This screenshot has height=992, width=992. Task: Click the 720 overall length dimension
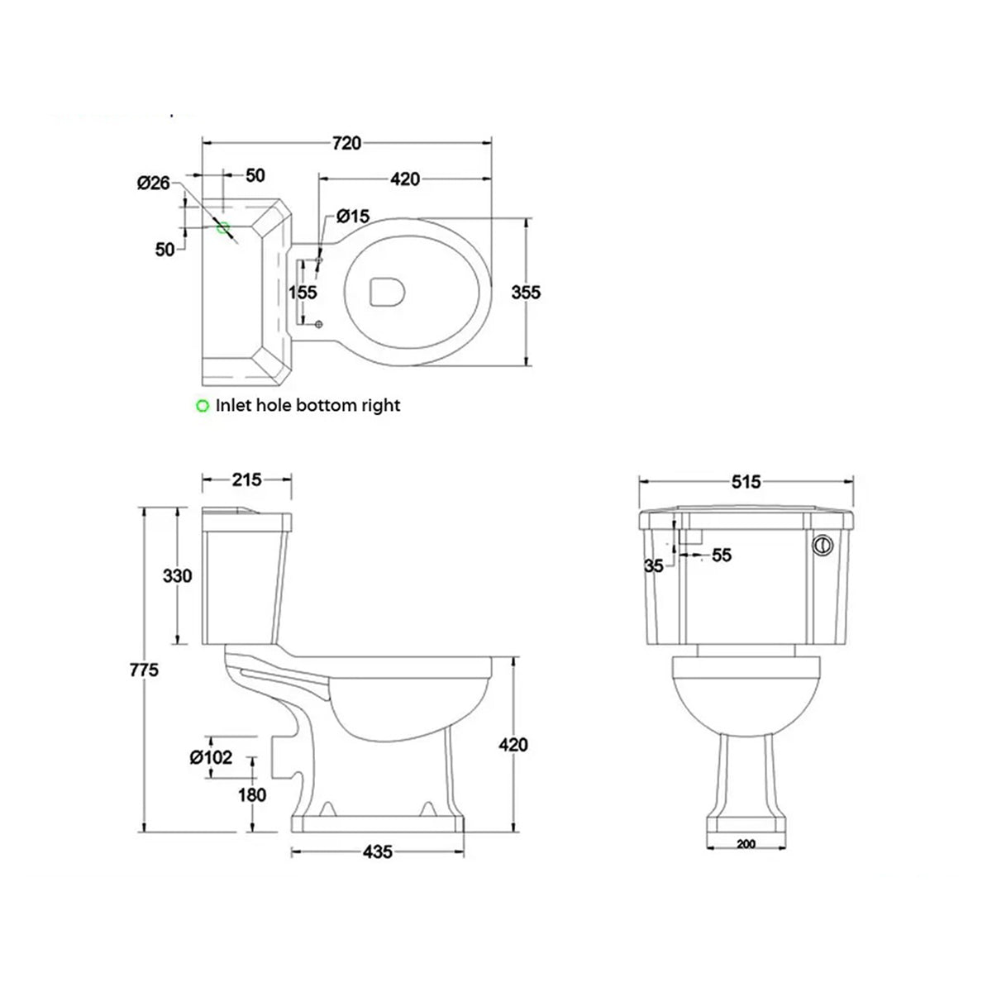346,143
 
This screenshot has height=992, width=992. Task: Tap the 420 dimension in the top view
405,179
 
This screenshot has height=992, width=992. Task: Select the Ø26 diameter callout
154,183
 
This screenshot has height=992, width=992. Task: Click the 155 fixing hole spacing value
303,293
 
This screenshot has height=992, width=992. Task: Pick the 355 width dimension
526,293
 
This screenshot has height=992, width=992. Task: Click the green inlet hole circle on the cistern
222,227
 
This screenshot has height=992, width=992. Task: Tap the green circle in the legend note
202,406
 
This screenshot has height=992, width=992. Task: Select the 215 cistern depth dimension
246,479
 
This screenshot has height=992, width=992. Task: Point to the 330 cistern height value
177,576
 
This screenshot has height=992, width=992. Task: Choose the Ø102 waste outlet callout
211,756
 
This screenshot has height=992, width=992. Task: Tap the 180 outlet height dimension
252,795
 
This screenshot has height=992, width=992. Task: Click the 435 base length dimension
376,851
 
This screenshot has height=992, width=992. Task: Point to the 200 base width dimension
746,845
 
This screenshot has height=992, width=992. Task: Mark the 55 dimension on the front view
722,556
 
